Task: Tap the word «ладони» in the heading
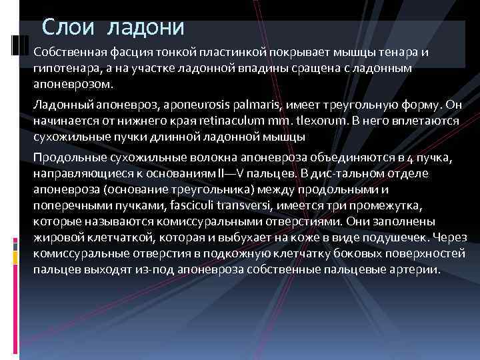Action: tap(146, 27)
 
